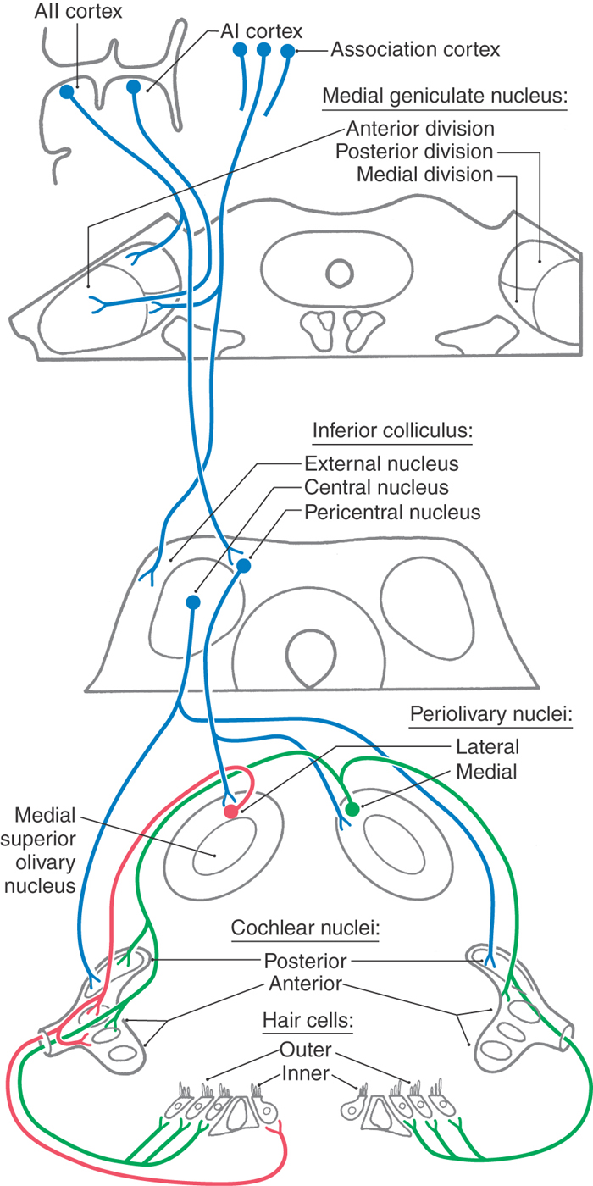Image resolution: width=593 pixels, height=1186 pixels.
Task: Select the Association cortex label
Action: [415, 50]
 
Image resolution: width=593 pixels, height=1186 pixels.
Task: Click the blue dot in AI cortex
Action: [133, 86]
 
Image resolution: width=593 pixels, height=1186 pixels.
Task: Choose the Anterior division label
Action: [420, 130]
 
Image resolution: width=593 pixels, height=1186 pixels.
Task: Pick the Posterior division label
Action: [414, 152]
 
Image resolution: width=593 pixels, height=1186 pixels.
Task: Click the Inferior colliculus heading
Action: [391, 430]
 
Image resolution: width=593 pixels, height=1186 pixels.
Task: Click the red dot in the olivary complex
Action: [231, 812]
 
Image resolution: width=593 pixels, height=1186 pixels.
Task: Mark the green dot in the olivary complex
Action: [353, 809]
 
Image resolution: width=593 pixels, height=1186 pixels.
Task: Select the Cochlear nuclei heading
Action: [305, 928]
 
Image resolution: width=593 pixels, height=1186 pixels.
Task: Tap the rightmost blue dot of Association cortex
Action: [287, 52]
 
